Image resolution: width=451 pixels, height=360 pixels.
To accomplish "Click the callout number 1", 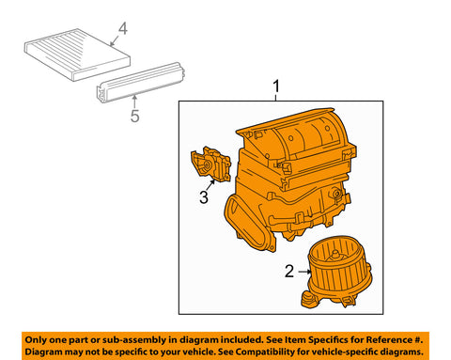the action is tap(276, 86).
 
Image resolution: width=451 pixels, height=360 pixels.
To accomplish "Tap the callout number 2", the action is tap(289, 272).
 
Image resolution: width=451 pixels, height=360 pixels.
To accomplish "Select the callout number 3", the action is tap(204, 197).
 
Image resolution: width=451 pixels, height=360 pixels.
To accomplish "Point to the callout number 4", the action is tap(123, 28).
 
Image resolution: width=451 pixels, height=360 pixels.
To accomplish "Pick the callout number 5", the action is tap(135, 116).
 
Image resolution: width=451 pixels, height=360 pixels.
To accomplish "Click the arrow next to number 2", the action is tap(303, 272).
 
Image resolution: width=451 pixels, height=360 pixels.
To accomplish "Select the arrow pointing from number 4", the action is tap(115, 40).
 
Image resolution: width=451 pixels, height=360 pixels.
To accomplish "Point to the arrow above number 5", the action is tap(134, 102).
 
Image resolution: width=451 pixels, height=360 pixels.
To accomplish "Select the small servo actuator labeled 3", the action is tap(210, 164).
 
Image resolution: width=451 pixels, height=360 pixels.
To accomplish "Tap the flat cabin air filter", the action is tap(77, 55).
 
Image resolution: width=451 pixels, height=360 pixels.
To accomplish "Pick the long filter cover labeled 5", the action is tap(140, 82).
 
